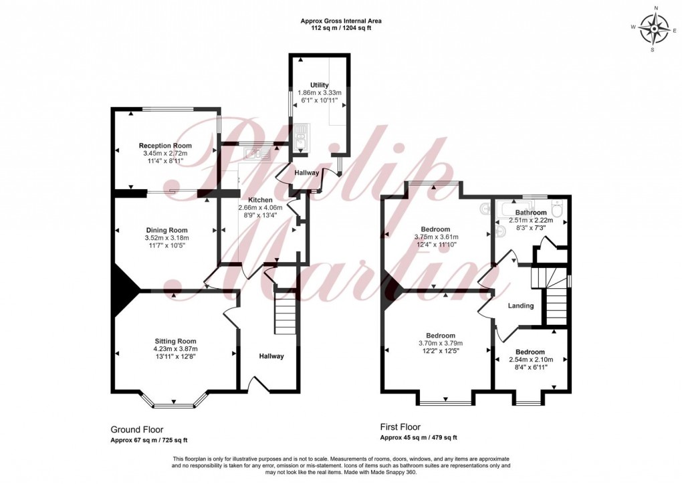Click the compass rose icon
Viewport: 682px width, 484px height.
[654, 29]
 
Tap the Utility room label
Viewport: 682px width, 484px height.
[320, 85]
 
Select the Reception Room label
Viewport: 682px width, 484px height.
[165, 146]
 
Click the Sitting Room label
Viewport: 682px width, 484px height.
[175, 341]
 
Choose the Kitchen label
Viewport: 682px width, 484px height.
[261, 200]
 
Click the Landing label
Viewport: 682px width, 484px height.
[521, 306]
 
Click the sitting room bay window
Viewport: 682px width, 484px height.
[174, 404]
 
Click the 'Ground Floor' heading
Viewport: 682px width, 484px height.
[136, 430]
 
